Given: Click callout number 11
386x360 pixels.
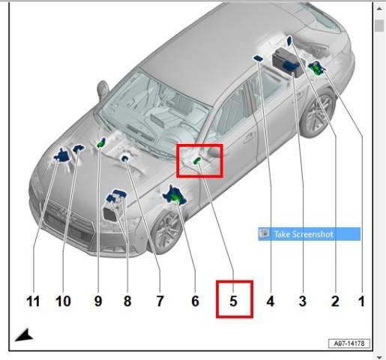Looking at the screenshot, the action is pyautogui.click(x=33, y=301).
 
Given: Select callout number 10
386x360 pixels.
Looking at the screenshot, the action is pyautogui.click(x=63, y=301).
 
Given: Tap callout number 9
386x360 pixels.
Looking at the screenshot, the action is pyautogui.click(x=98, y=301).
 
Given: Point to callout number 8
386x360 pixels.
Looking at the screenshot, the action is pyautogui.click(x=127, y=301).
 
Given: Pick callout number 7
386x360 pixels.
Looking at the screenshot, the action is pyautogui.click(x=160, y=301).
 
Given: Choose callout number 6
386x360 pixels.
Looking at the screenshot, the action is pyautogui.click(x=196, y=301).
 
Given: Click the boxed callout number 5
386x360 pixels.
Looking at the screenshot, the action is pyautogui.click(x=233, y=301).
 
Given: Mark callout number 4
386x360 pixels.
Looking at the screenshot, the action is pyautogui.click(x=271, y=301).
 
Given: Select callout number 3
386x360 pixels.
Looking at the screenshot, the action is pyautogui.click(x=303, y=301).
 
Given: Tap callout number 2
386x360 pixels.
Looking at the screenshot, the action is pyautogui.click(x=335, y=301).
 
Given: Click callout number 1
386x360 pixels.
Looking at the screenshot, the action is pyautogui.click(x=362, y=301).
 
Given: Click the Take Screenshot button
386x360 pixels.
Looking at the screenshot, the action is pyautogui.click(x=310, y=234).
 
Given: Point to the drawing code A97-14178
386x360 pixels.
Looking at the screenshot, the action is pyautogui.click(x=349, y=343).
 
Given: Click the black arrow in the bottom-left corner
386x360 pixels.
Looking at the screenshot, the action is pyautogui.click(x=25, y=335).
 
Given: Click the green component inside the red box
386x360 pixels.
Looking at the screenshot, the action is pyautogui.click(x=197, y=160).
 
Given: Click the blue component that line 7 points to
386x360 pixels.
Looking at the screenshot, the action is pyautogui.click(x=124, y=158).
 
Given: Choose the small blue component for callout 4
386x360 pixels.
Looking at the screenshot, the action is pyautogui.click(x=258, y=58).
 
